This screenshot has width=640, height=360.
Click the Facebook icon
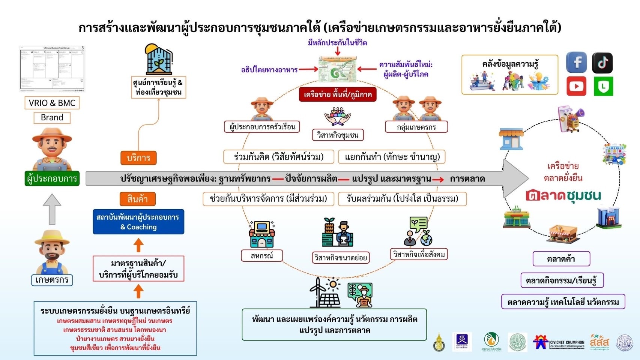[x=576, y=63]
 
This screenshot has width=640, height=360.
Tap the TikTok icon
[x=602, y=63]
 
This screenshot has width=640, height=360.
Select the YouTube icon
[x=576, y=86]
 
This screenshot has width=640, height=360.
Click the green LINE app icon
[x=603, y=86]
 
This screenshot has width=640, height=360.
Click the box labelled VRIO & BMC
[x=52, y=103]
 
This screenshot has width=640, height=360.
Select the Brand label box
[x=52, y=117]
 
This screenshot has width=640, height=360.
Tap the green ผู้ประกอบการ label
[x=52, y=178]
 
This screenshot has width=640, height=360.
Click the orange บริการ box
[x=138, y=158]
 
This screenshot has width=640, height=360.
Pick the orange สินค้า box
[x=138, y=199]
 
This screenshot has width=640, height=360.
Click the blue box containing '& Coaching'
[x=138, y=222]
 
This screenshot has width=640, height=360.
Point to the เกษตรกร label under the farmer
[x=52, y=280]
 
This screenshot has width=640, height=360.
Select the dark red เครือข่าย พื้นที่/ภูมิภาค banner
[x=338, y=94]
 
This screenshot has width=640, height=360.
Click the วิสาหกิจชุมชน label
[x=338, y=135]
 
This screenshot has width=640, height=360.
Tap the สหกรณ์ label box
[x=261, y=256]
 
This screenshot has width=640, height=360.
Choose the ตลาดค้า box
[x=561, y=259]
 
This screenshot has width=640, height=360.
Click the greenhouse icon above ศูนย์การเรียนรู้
[x=159, y=59]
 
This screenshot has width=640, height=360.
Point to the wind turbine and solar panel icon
[x=325, y=292]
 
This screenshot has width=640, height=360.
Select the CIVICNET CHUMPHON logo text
[x=567, y=343]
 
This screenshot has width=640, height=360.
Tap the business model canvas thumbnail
[x=52, y=69]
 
